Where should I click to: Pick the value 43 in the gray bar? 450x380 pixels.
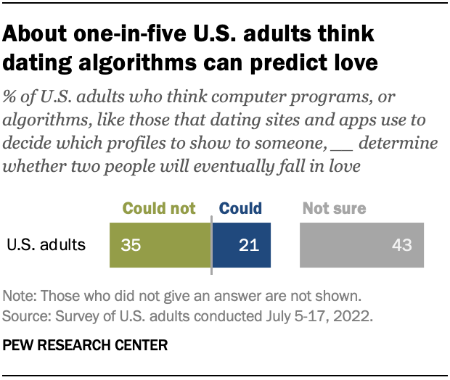click(x=401, y=244)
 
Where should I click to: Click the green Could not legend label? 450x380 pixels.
click(x=159, y=209)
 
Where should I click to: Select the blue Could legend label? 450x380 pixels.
click(x=240, y=209)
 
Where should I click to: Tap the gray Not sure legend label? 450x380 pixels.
click(x=334, y=209)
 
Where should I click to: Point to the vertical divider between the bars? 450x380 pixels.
click(x=211, y=244)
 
